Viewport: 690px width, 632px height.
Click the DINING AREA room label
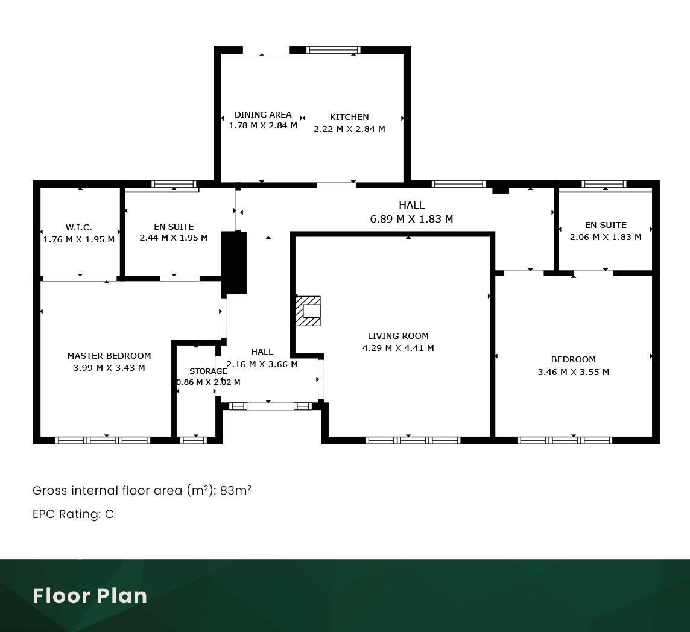coord(263,115)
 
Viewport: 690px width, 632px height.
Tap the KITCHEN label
coord(349,117)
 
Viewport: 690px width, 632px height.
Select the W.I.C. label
coord(79,227)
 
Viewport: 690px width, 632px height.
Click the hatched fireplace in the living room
coord(308,311)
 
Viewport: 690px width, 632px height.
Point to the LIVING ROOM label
coord(398,336)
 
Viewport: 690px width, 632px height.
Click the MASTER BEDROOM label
coord(109,356)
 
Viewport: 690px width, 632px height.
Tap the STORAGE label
coord(208,371)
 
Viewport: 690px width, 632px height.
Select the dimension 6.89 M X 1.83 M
coord(411,219)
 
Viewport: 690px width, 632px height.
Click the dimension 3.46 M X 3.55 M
coord(574,372)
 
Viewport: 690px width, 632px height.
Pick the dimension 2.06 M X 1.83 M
coord(606,237)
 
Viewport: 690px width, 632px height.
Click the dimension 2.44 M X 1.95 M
coord(174,238)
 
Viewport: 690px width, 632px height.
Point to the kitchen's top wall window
coord(333,50)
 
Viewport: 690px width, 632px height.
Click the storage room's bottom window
coord(194,440)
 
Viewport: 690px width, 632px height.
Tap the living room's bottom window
coord(413,440)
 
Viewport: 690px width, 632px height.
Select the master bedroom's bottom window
coord(103,440)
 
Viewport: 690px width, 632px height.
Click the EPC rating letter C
coord(109,514)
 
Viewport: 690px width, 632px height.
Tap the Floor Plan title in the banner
coord(90,595)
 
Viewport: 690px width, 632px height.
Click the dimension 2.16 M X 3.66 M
coord(262,364)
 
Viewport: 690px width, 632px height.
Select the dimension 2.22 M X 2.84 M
coord(349,129)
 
